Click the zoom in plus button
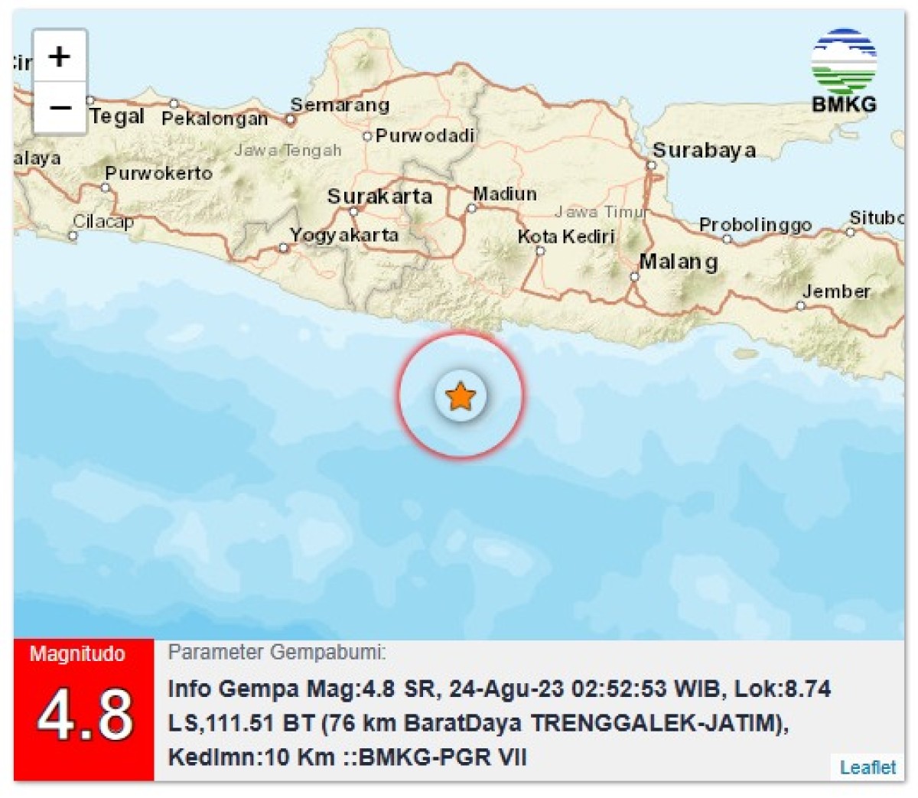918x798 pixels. pyautogui.click(x=59, y=56)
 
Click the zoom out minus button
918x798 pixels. pyautogui.click(x=59, y=107)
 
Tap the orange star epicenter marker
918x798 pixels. pyautogui.click(x=461, y=396)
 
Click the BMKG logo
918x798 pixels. pyautogui.click(x=844, y=71)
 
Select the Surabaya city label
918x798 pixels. pyautogui.click(x=704, y=150)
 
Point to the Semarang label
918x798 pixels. pyautogui.click(x=340, y=105)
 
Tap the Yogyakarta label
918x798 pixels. pyautogui.click(x=344, y=235)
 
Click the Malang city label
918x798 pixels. pyautogui.click(x=679, y=262)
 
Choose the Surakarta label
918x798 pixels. pyautogui.click(x=379, y=197)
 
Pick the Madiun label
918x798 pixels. pyautogui.click(x=505, y=194)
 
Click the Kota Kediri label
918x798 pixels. pyautogui.click(x=566, y=236)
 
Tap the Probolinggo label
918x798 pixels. pyautogui.click(x=755, y=225)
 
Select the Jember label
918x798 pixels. pyautogui.click(x=836, y=292)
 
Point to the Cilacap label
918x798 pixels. pyautogui.click(x=103, y=222)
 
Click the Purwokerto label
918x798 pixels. pyautogui.click(x=158, y=173)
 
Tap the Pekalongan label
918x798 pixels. pyautogui.click(x=215, y=119)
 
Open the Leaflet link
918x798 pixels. pyautogui.click(x=868, y=767)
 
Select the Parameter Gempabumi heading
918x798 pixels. pyautogui.click(x=277, y=653)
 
